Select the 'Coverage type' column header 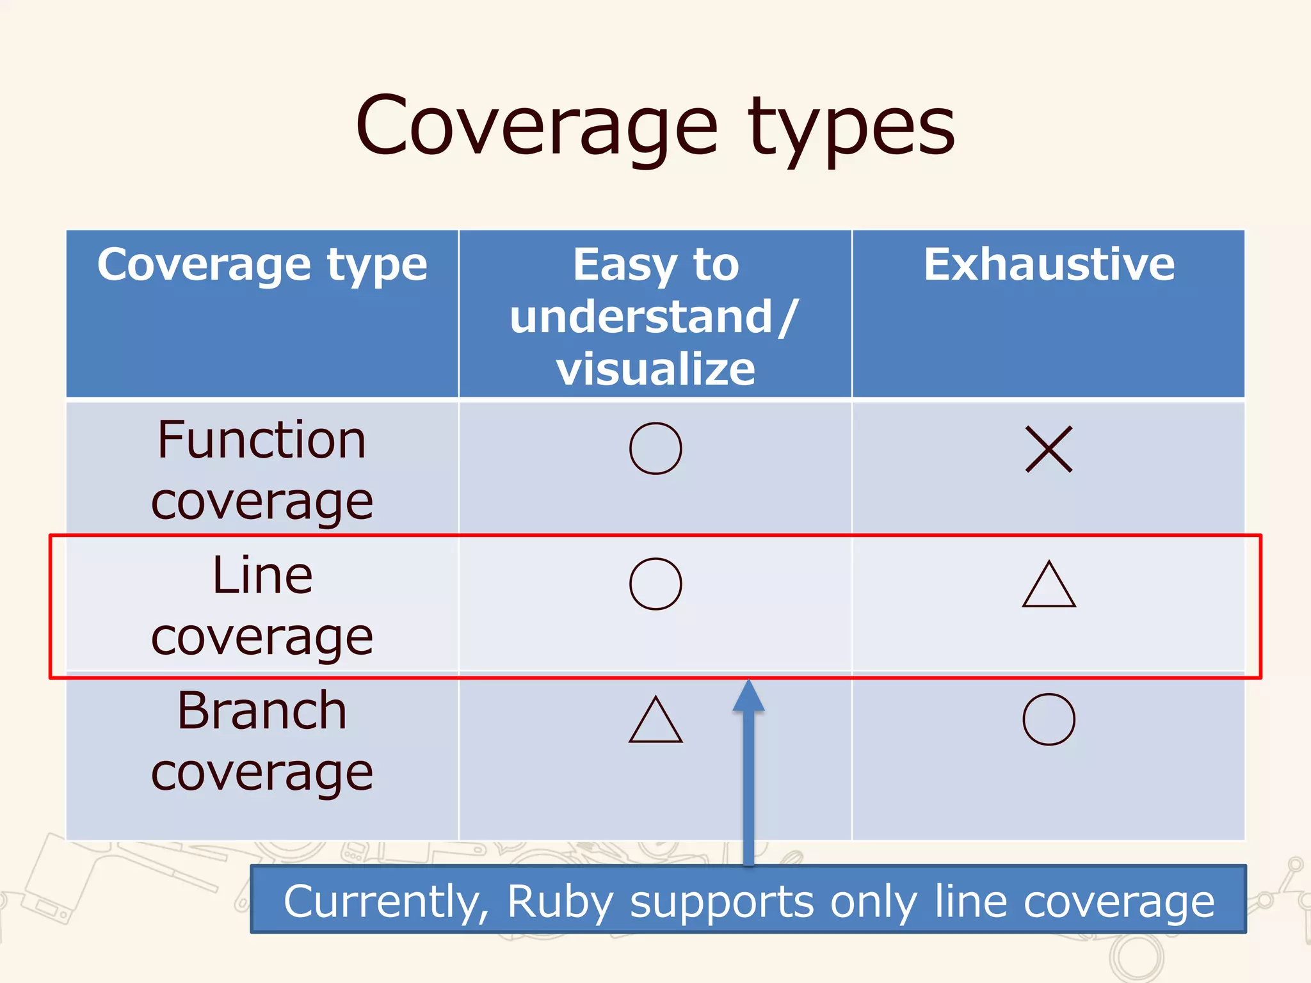coord(262,264)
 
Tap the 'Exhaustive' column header coord(1049,264)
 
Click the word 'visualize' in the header coord(655,369)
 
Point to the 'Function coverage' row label coord(262,470)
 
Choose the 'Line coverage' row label coord(262,605)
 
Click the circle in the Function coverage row coord(655,448)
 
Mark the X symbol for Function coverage coord(1049,449)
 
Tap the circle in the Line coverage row coord(655,584)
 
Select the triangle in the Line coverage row coord(1049,585)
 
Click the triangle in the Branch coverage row coord(655,721)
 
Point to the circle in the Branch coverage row coord(1049,719)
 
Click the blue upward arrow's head coord(748,696)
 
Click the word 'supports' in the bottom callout coord(722,902)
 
